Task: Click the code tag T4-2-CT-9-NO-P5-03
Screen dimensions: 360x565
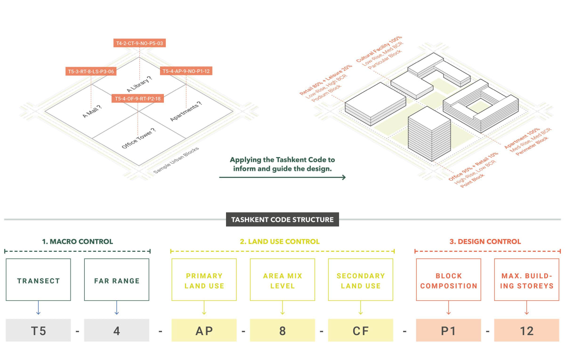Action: click(x=139, y=43)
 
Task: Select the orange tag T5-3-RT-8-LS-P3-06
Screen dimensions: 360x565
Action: click(x=91, y=72)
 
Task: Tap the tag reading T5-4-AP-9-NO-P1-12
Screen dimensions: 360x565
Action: click(x=186, y=71)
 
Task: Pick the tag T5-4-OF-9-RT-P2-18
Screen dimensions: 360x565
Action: click(x=137, y=98)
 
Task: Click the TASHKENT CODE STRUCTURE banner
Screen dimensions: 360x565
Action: click(x=282, y=219)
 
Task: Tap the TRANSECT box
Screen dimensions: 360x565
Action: click(x=39, y=280)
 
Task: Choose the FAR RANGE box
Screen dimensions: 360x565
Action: click(x=116, y=280)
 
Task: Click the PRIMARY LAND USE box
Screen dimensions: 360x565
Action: click(x=204, y=280)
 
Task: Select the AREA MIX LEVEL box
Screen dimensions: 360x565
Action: click(x=282, y=280)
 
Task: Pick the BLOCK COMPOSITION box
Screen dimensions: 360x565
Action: click(x=448, y=280)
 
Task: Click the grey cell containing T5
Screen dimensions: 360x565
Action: click(x=39, y=330)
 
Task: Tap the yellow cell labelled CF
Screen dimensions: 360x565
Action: click(x=360, y=330)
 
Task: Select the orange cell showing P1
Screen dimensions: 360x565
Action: click(x=448, y=330)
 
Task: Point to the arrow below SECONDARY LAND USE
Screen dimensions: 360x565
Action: click(x=360, y=308)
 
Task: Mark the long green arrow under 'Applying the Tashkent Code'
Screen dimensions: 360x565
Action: click(x=282, y=177)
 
